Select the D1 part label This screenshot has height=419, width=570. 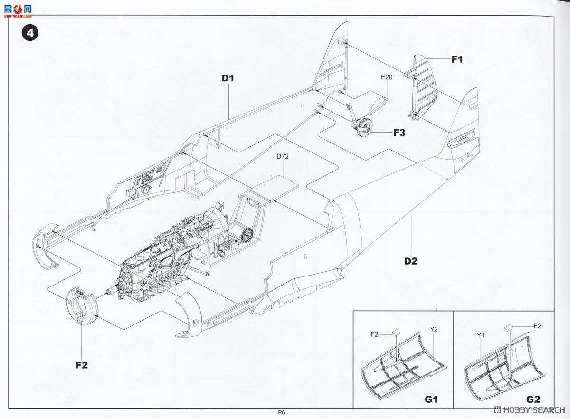[x=228, y=78]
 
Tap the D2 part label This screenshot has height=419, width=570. [x=411, y=261]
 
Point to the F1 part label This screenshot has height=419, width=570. [x=457, y=59]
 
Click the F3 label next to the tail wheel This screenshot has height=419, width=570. [x=399, y=133]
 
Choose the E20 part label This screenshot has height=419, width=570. [x=387, y=77]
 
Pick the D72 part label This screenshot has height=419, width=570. [x=283, y=156]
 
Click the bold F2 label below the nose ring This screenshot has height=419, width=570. [x=82, y=365]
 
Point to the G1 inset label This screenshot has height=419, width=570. [x=431, y=400]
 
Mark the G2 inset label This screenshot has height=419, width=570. [x=533, y=400]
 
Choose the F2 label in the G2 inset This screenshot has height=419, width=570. [x=537, y=326]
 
